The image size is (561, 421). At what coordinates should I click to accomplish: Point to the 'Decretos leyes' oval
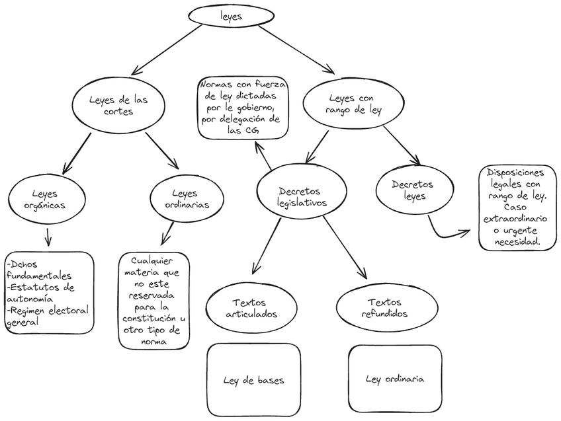coord(413,190)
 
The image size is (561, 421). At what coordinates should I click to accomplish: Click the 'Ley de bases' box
coord(254,379)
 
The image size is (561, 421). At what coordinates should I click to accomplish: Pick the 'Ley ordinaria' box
coord(395,379)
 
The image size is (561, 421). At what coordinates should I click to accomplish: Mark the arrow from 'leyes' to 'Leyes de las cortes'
coord(165,50)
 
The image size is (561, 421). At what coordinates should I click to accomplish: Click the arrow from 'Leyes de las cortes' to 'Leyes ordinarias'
coord(162,151)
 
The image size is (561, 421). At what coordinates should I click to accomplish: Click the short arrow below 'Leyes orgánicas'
coord(48,236)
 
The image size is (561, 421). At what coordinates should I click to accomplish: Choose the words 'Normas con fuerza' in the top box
coord(243,85)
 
